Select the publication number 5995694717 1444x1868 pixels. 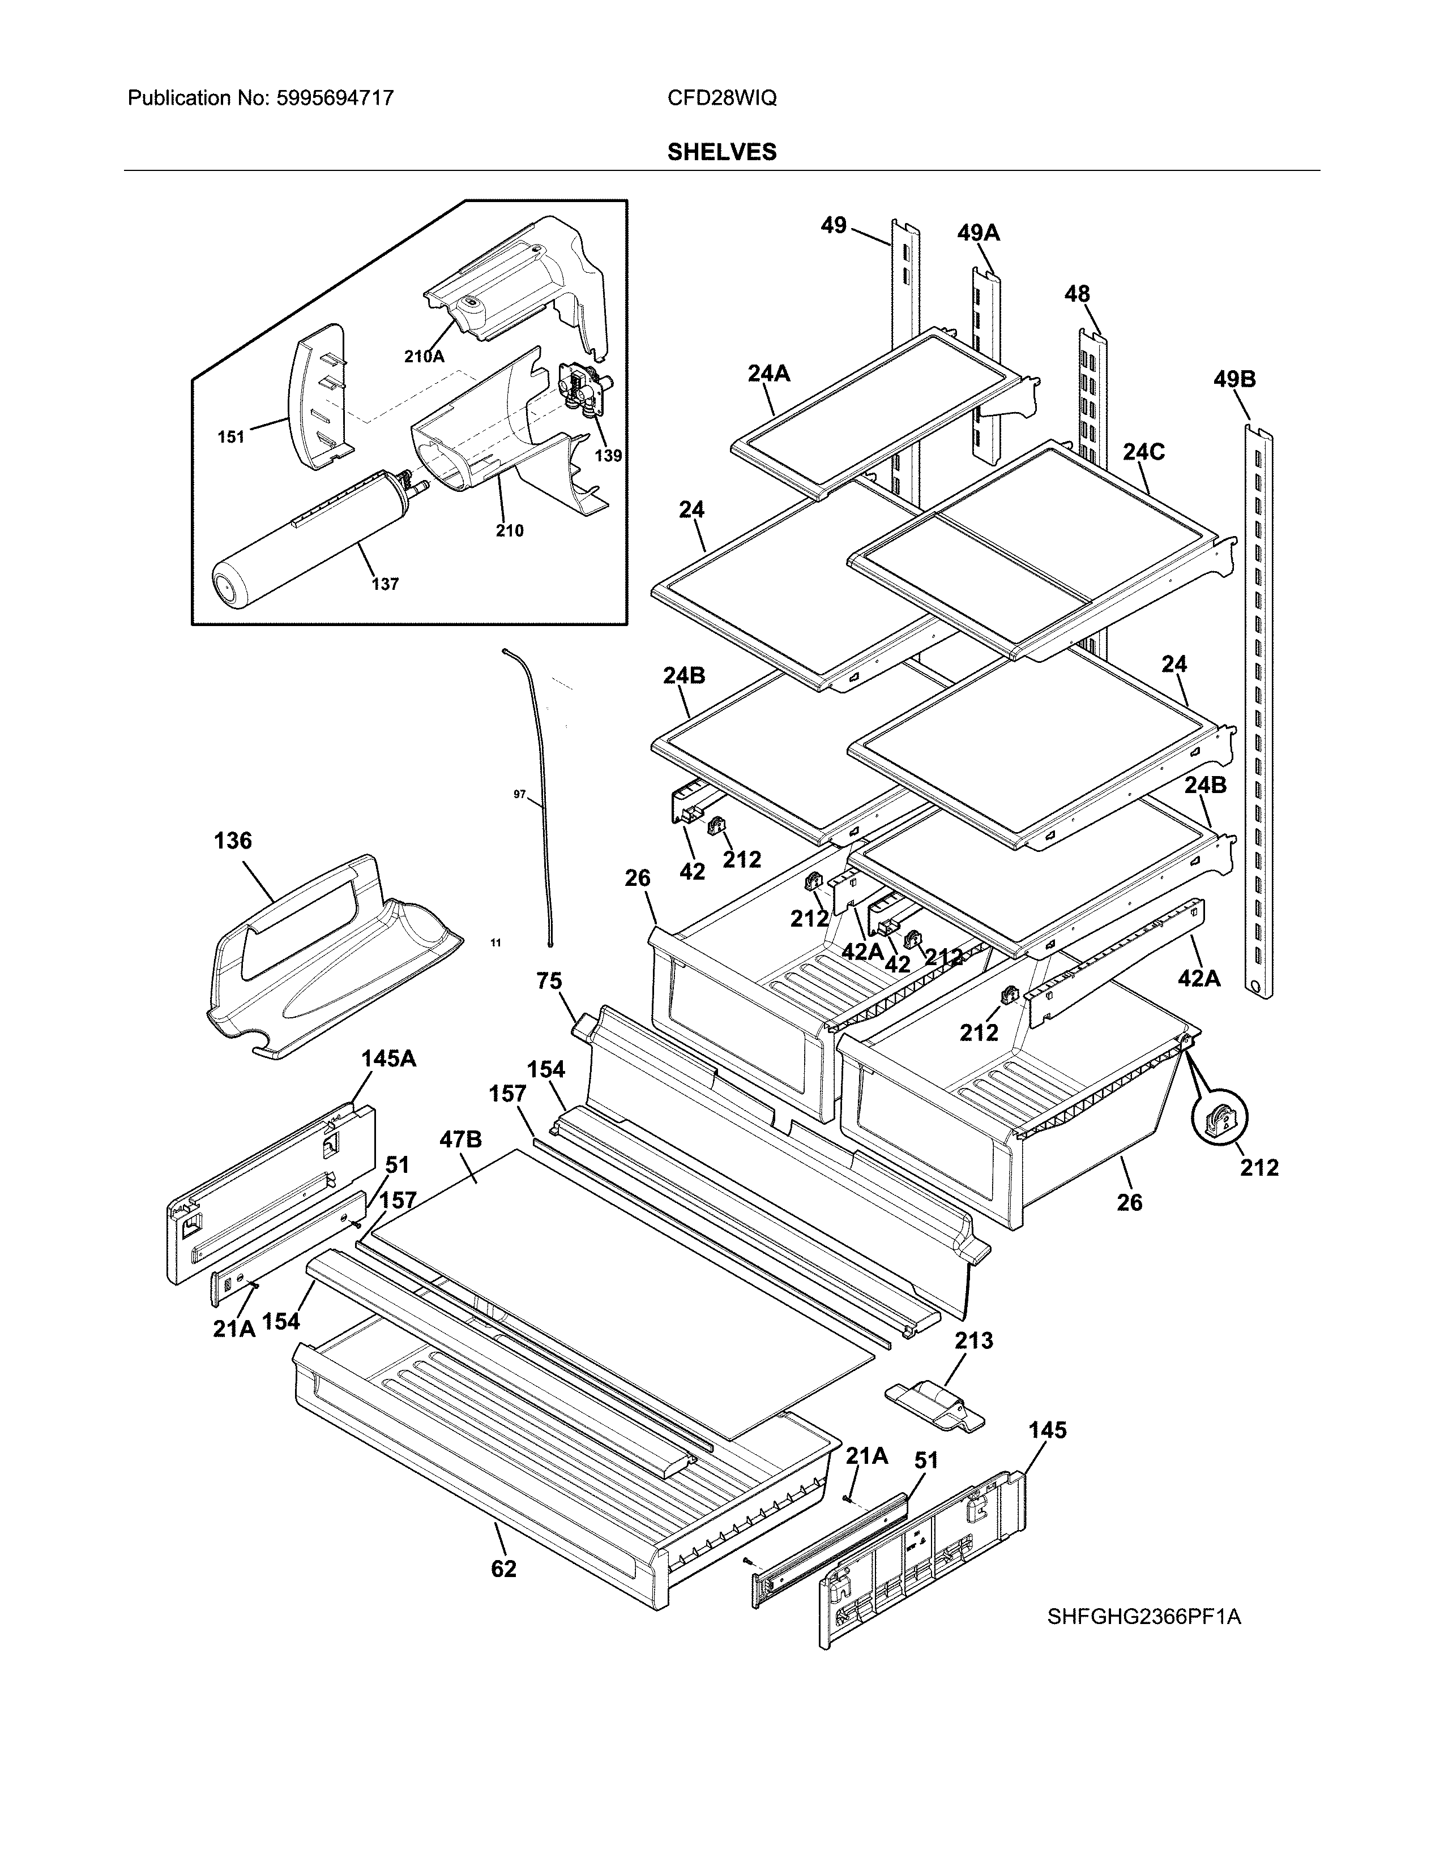(x=335, y=98)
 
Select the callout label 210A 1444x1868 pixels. (x=424, y=357)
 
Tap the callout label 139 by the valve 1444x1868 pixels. (x=608, y=456)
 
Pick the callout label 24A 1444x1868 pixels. (x=768, y=373)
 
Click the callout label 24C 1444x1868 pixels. (x=1144, y=452)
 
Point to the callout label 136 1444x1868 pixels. (x=233, y=841)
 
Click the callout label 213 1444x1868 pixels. (x=973, y=1340)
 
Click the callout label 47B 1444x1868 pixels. (x=460, y=1139)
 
